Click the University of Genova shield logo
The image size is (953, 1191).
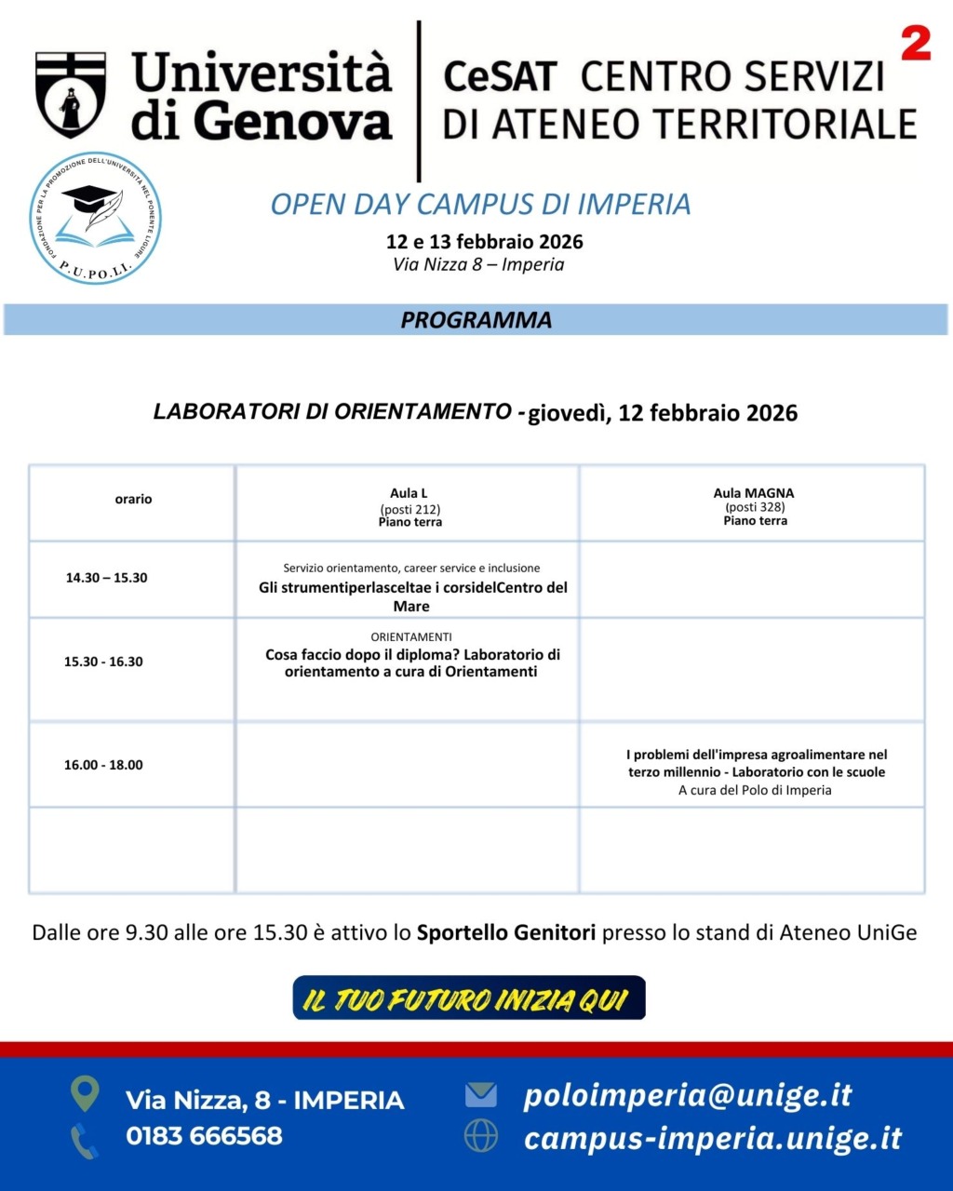click(71, 94)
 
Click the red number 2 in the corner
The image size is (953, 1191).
click(916, 44)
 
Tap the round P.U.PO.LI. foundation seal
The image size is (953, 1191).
click(95, 218)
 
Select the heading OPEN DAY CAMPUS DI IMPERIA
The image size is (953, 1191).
click(480, 204)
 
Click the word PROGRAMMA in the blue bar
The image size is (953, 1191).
click(476, 320)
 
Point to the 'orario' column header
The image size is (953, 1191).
click(133, 500)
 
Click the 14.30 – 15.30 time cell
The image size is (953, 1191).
click(106, 578)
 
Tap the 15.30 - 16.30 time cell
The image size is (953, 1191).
click(103, 662)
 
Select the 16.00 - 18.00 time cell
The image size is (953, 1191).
click(103, 765)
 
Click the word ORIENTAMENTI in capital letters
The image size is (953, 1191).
click(411, 637)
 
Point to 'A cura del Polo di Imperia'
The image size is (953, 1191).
click(755, 790)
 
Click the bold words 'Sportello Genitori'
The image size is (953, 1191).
click(505, 932)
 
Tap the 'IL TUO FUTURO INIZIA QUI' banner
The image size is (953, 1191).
click(469, 998)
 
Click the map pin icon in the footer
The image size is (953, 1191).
click(85, 1094)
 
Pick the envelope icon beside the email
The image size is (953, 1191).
click(481, 1094)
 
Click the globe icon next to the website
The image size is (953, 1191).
click(481, 1136)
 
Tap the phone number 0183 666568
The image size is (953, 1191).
click(204, 1136)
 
